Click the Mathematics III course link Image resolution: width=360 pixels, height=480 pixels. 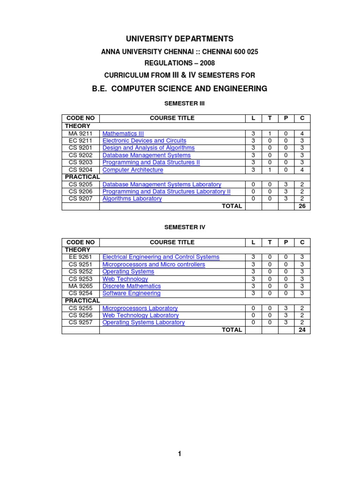click(x=123, y=134)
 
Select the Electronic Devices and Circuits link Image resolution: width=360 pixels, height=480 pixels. click(x=144, y=141)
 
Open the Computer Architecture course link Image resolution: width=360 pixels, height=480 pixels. click(x=133, y=170)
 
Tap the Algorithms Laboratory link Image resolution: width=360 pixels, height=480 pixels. click(x=132, y=199)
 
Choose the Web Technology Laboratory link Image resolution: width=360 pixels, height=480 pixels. click(x=140, y=315)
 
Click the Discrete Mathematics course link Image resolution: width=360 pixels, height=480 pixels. click(x=131, y=286)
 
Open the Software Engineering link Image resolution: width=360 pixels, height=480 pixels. click(x=131, y=293)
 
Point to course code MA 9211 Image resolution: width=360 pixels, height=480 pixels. click(x=81, y=134)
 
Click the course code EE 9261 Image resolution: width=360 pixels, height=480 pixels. click(x=81, y=257)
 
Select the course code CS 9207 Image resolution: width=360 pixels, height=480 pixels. click(x=81, y=199)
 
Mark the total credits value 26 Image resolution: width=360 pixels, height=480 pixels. click(x=302, y=206)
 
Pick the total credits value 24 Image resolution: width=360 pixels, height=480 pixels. click(x=302, y=330)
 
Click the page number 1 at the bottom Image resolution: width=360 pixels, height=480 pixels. click(x=180, y=454)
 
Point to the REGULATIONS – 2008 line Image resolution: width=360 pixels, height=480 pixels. click(x=180, y=63)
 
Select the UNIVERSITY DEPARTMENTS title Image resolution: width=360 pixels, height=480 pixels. click(x=180, y=39)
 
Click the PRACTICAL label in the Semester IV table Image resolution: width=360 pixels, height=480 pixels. click(x=82, y=300)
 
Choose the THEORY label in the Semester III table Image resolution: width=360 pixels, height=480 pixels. click(x=77, y=126)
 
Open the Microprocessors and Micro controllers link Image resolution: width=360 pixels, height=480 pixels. click(x=153, y=264)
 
